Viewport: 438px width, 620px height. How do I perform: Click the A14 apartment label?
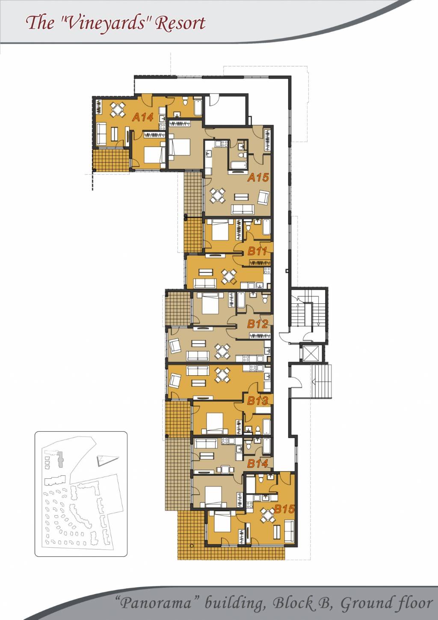pos(143,117)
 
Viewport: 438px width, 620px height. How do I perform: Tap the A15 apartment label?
pos(258,177)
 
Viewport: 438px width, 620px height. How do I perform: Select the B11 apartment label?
pos(257,251)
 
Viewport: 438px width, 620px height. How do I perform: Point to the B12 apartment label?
pos(257,323)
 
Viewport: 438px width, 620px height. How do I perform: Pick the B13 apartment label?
pos(257,400)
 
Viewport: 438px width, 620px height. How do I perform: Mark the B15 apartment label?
pos(284,509)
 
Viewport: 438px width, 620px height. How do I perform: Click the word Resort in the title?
pos(181,23)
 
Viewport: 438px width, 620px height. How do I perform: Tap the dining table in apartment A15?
pos(217,196)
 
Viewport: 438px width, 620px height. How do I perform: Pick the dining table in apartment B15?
pos(268,514)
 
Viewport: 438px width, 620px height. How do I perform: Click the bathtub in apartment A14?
pos(198,107)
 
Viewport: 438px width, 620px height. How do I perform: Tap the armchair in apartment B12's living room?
pos(175,346)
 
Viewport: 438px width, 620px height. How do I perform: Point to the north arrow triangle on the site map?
pos(107,460)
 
